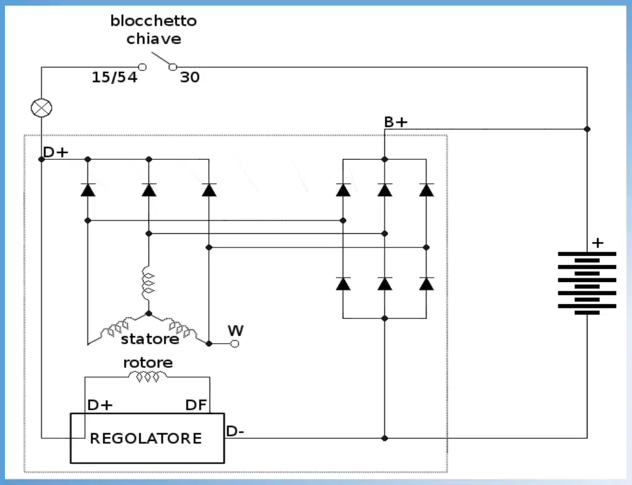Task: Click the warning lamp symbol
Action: [41, 108]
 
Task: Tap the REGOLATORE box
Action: [147, 437]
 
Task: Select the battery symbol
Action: [587, 283]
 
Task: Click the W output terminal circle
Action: [234, 343]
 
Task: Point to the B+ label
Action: [395, 122]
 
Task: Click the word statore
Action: [150, 339]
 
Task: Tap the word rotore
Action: [148, 362]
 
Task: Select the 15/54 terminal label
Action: [115, 77]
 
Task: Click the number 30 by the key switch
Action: [189, 77]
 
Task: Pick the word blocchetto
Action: [154, 20]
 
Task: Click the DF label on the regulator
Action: [196, 405]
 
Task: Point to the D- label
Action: [235, 431]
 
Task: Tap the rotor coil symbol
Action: [147, 377]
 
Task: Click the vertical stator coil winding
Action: [148, 283]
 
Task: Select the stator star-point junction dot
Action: [149, 313]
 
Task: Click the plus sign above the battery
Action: [597, 243]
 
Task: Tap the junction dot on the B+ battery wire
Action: [587, 129]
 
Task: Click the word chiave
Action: [154, 39]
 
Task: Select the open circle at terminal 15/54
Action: [142, 67]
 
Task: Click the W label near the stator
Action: [236, 331]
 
